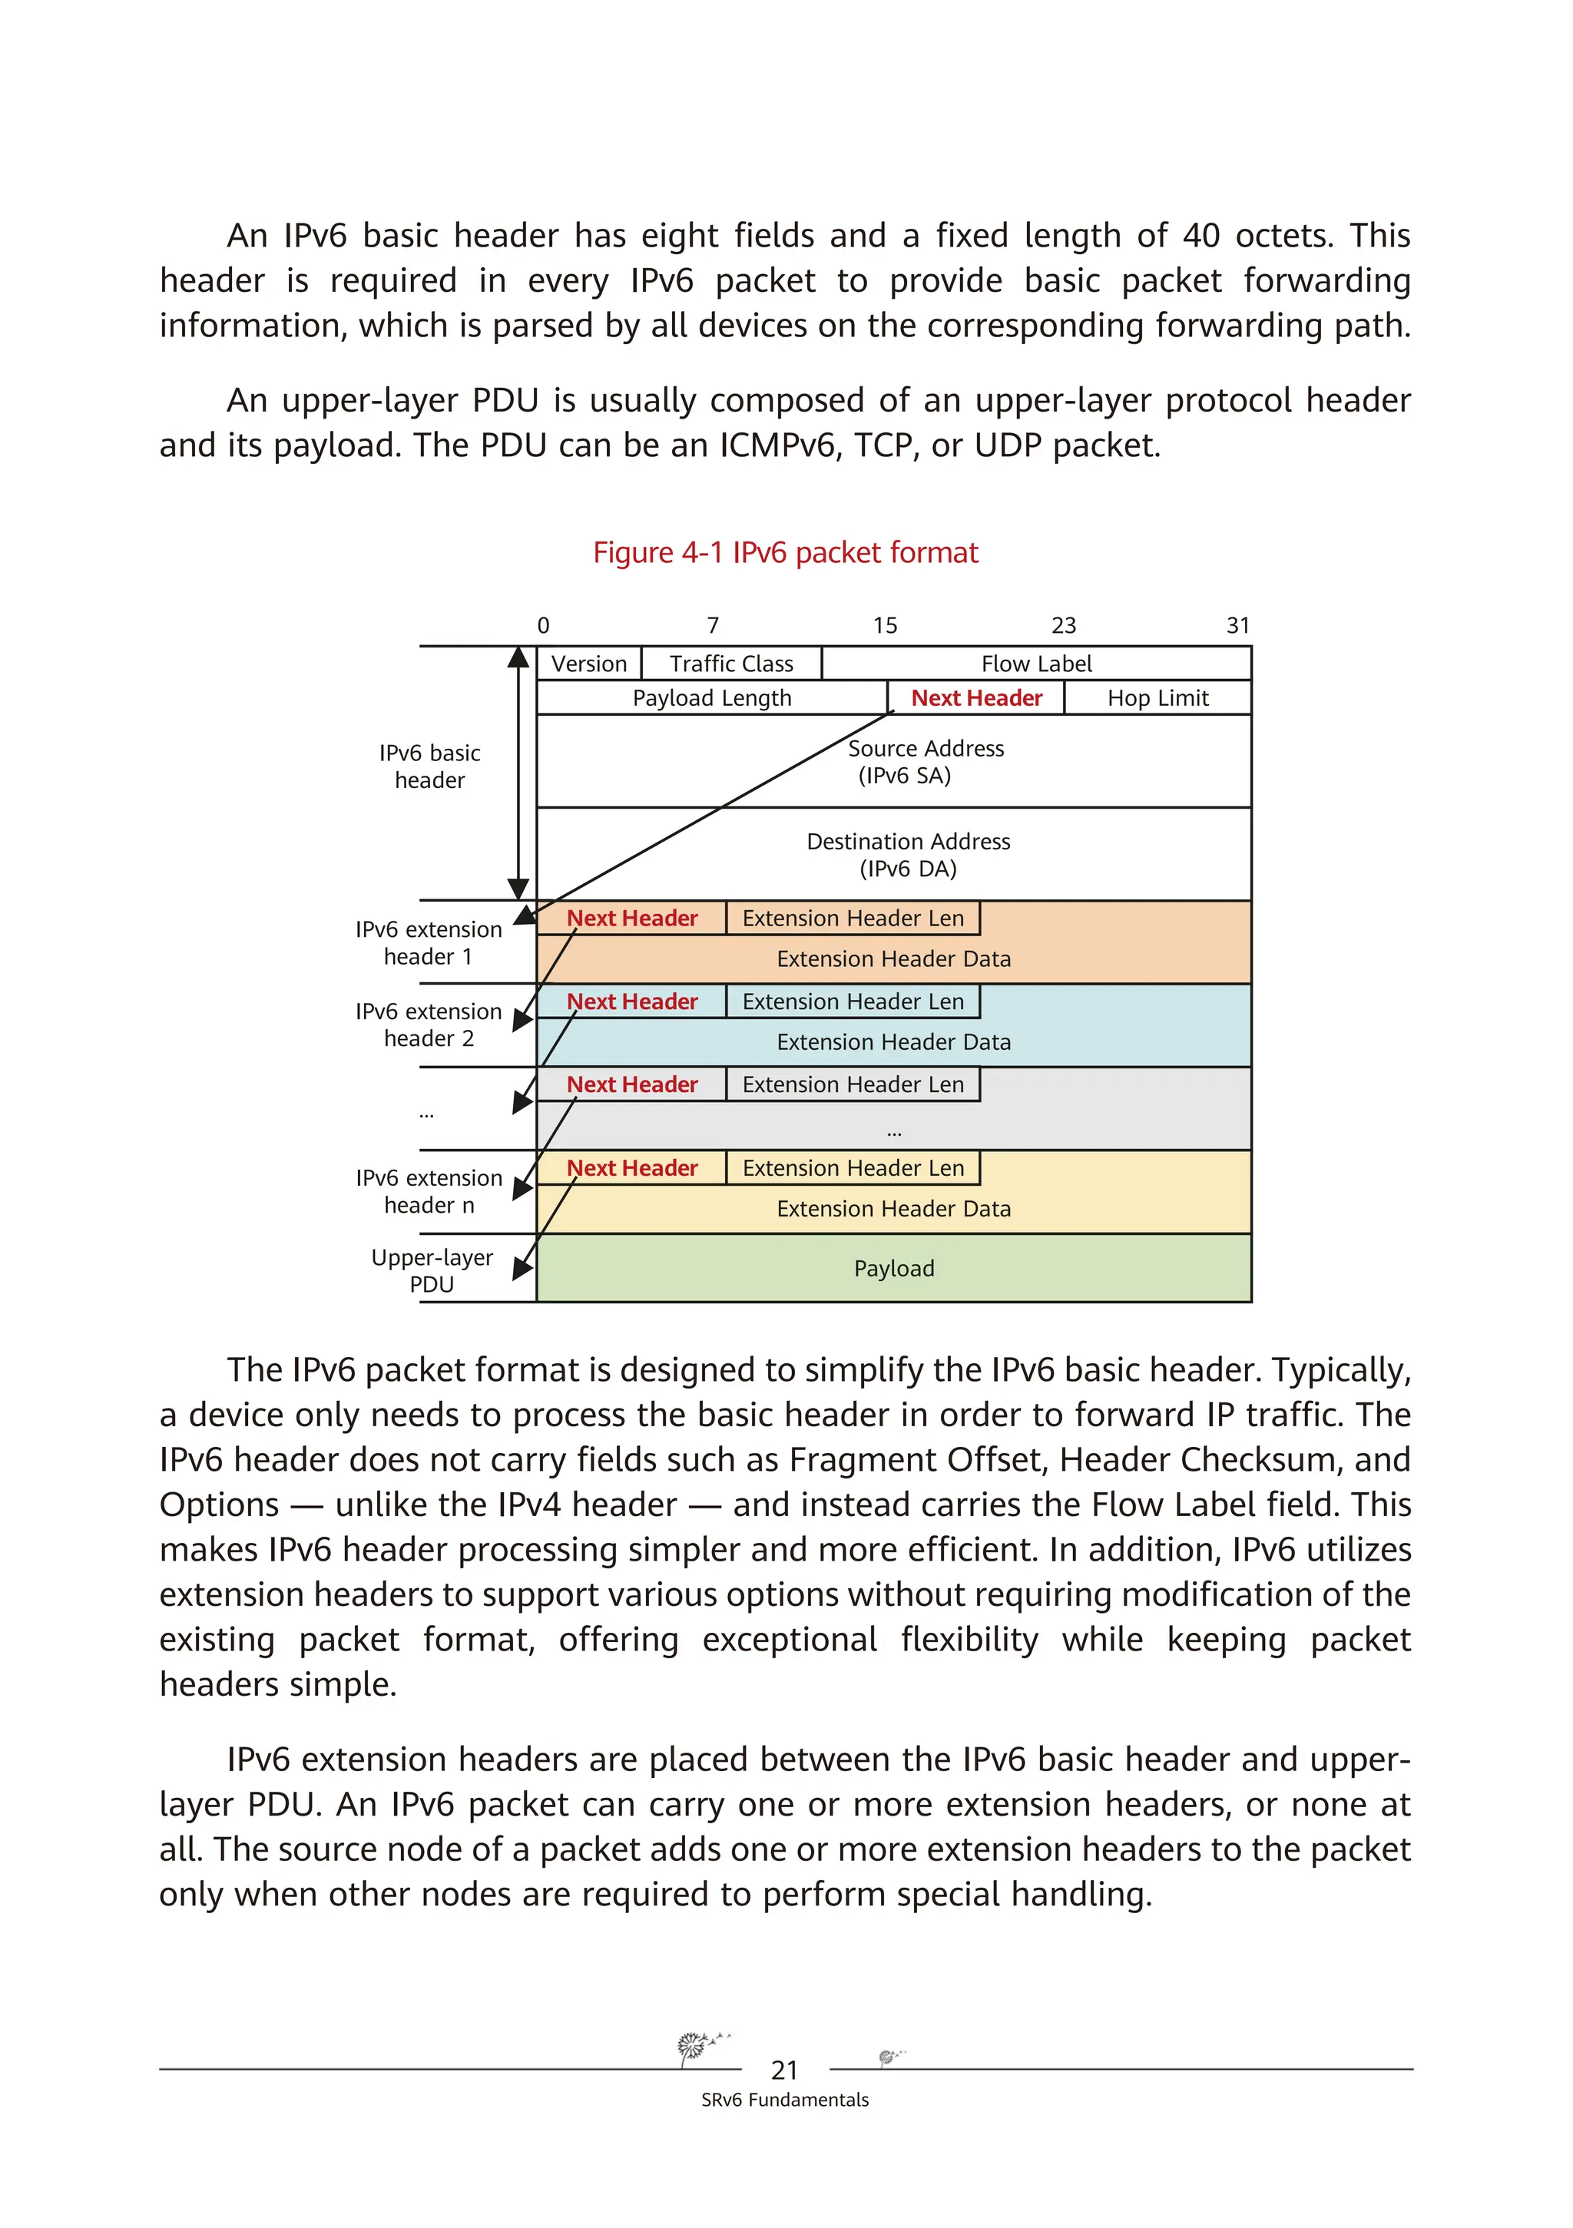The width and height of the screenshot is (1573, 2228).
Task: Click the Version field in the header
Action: (x=588, y=664)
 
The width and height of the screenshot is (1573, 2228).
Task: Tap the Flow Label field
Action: (x=1035, y=664)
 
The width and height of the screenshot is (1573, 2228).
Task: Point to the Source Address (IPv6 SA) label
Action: (x=925, y=762)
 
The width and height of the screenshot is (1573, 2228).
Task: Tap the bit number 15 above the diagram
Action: (x=884, y=626)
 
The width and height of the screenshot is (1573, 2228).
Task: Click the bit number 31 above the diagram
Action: (x=1237, y=626)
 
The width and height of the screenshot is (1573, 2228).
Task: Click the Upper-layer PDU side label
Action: (x=432, y=1270)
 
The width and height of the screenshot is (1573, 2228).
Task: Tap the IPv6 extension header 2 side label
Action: (x=428, y=1025)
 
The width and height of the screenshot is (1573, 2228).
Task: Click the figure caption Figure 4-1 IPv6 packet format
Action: (x=785, y=553)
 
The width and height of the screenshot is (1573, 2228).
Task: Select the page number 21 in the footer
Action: (x=784, y=2070)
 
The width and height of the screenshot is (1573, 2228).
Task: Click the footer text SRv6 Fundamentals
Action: (x=784, y=2100)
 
